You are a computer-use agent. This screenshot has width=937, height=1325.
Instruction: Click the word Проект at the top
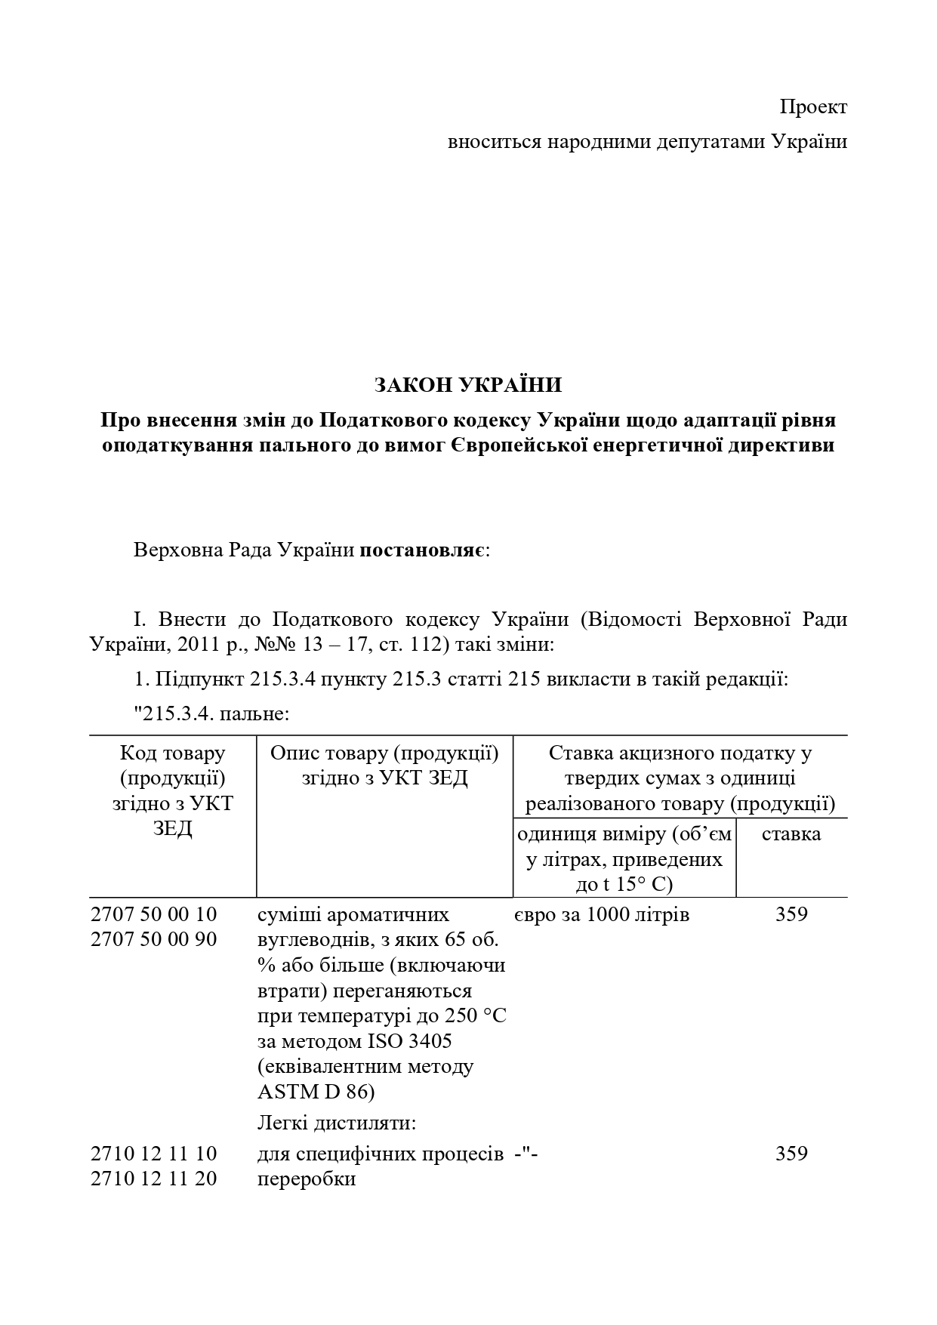tap(813, 107)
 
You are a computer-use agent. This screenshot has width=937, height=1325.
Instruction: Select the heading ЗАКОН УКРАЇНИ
tap(468, 385)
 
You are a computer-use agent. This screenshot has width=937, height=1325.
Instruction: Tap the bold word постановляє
tap(424, 550)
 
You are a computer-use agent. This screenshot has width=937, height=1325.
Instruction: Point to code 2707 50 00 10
tap(153, 914)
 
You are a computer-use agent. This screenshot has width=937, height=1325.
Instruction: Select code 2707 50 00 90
tap(153, 939)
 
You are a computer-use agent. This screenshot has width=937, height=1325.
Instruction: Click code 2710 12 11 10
tap(153, 1154)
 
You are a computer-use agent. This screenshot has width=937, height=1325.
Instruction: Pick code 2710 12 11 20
tap(153, 1179)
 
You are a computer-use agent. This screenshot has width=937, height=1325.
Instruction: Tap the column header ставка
tap(791, 834)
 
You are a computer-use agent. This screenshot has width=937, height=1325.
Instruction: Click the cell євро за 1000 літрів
tap(602, 914)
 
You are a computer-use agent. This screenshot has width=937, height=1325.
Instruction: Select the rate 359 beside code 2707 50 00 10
tap(791, 914)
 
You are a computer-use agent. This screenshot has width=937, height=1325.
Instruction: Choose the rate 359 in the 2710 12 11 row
tap(791, 1154)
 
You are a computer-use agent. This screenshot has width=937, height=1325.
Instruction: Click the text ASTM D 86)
tap(316, 1092)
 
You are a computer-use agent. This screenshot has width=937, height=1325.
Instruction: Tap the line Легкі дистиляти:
tap(337, 1123)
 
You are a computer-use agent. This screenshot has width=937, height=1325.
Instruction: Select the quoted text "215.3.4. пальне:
tap(212, 712)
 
